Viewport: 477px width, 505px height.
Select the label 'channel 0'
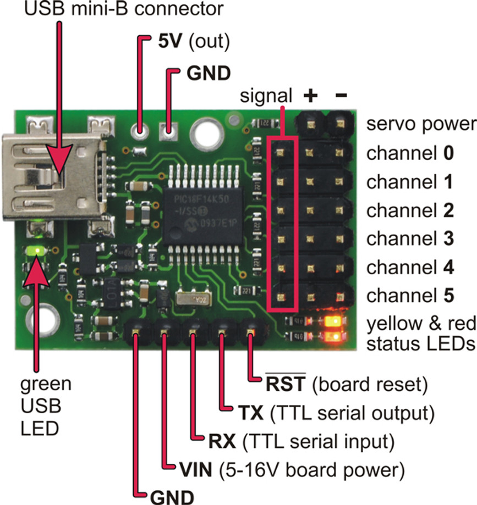point(410,153)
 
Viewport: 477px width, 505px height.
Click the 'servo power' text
point(420,124)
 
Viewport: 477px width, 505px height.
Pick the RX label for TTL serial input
point(222,441)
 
